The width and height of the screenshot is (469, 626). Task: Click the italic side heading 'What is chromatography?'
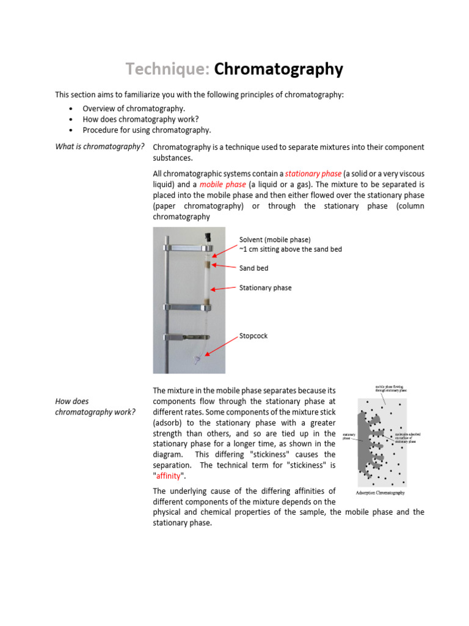tap(100, 147)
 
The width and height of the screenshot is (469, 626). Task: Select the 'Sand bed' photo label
tap(253, 268)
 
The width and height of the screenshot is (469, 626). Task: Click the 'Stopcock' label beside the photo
tap(253, 336)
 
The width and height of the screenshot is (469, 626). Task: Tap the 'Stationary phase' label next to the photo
tap(265, 287)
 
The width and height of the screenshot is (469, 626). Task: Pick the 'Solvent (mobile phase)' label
tap(275, 239)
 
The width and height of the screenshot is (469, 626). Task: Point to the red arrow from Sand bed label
tap(225, 267)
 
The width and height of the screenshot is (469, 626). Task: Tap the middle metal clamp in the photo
tap(187, 307)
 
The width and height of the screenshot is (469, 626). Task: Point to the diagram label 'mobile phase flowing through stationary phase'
tap(391, 388)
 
